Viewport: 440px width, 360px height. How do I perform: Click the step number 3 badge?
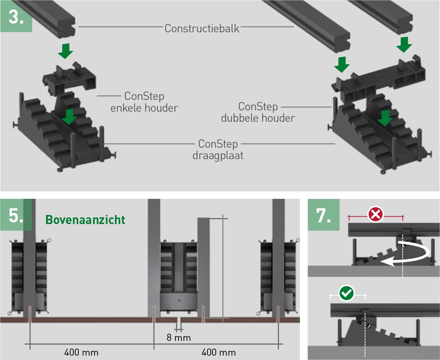[16, 16]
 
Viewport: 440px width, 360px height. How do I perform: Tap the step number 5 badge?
[16, 215]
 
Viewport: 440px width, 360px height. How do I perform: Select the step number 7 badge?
[323, 215]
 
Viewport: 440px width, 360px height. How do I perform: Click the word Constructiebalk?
[202, 29]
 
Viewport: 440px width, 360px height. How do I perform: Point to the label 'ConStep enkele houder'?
[144, 102]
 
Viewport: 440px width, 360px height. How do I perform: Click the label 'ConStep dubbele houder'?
[258, 112]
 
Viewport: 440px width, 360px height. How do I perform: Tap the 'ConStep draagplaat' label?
[218, 150]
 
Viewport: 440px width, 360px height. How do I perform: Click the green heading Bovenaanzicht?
[85, 220]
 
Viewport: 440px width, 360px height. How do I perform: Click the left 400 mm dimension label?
[81, 353]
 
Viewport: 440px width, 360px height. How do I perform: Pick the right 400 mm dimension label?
[218, 353]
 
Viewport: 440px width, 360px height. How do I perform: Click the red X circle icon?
[375, 214]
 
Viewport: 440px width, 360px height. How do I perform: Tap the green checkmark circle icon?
[347, 293]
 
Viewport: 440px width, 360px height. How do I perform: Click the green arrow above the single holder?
[66, 51]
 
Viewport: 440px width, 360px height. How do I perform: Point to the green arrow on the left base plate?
[69, 116]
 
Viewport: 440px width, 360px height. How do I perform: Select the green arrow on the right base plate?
[385, 118]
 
